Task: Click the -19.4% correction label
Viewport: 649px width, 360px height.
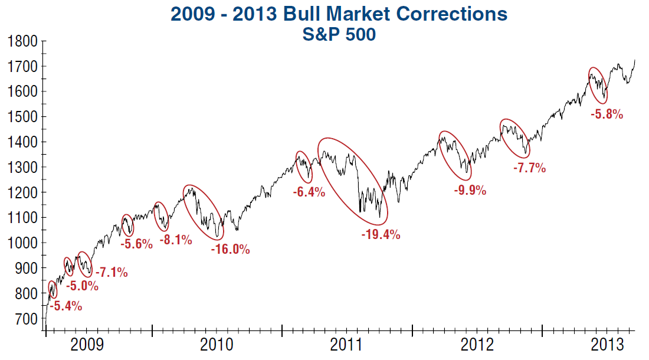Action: pos(381,235)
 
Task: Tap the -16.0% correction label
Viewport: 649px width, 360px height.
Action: pos(230,249)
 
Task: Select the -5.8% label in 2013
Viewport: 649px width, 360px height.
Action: pos(607,115)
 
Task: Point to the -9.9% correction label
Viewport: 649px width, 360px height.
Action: pos(470,191)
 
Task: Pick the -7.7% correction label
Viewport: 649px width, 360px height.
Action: pos(529,168)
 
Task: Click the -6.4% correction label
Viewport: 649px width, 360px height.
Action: pos(309,192)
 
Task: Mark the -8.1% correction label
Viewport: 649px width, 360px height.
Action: pos(175,240)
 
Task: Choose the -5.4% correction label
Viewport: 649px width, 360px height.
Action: pos(65,306)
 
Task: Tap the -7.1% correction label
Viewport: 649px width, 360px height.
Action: pos(112,273)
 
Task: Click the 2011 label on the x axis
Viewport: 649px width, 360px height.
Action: pos(347,344)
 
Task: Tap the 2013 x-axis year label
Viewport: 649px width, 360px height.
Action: pos(608,344)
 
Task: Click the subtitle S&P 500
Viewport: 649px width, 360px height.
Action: pos(339,35)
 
